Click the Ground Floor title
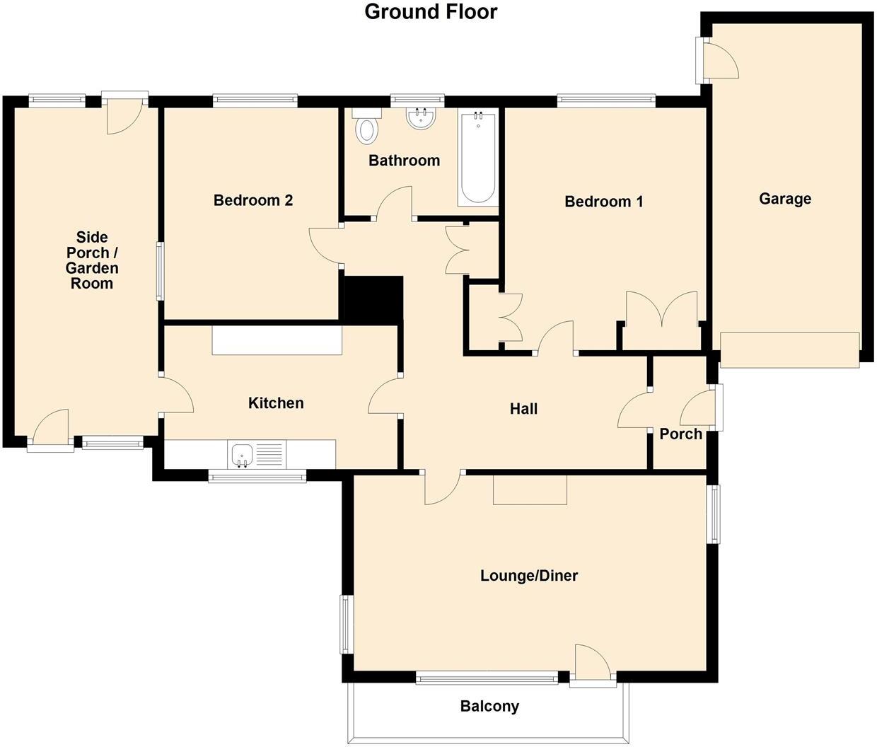tap(431, 12)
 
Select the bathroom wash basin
tap(422, 118)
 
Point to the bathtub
tap(478, 158)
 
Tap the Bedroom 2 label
tap(252, 201)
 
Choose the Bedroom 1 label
tap(603, 202)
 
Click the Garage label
tap(784, 199)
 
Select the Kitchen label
tap(276, 403)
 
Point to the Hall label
tap(523, 409)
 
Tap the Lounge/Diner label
tap(528, 576)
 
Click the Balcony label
tap(489, 706)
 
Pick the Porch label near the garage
tap(680, 434)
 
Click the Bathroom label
tap(404, 161)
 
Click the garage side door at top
tap(720, 60)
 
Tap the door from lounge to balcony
tap(593, 665)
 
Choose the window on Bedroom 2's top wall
tap(255, 100)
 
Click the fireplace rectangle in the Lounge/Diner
tap(530, 490)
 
